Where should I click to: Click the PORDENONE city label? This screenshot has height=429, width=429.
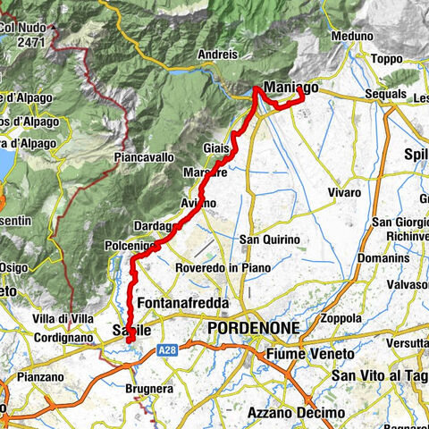pyautogui.click(x=253, y=329)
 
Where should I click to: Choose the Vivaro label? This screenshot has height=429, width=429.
pyautogui.click(x=345, y=192)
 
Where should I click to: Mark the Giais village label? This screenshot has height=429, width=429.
pyautogui.click(x=217, y=147)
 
